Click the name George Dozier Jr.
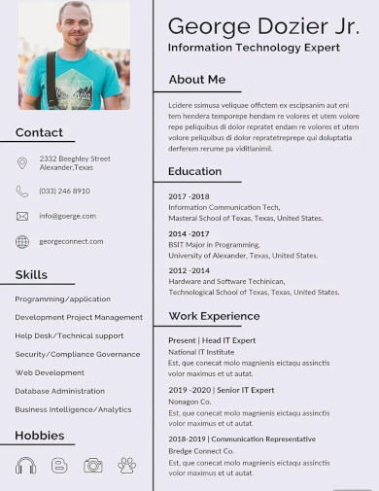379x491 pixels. tap(262, 25)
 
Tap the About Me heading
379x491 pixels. tap(196, 80)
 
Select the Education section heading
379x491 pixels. tap(194, 172)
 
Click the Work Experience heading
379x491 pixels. tap(214, 316)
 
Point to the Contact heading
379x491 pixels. tap(39, 133)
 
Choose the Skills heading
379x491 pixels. tap(31, 275)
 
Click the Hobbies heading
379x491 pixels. tap(39, 436)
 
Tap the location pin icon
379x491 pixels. tap(22, 163)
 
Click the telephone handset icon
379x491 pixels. tap(22, 192)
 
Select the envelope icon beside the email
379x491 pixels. tap(22, 216)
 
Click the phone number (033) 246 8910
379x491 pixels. tap(64, 192)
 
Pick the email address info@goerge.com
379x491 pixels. tap(67, 216)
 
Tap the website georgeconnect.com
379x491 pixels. tap(71, 241)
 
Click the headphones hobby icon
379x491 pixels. tap(25, 466)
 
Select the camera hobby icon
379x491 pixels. tap(93, 466)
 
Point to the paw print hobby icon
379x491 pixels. tap(127, 466)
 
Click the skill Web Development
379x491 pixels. tap(50, 372)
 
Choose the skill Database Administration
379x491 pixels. tap(59, 391)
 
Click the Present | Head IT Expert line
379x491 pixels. tap(212, 340)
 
